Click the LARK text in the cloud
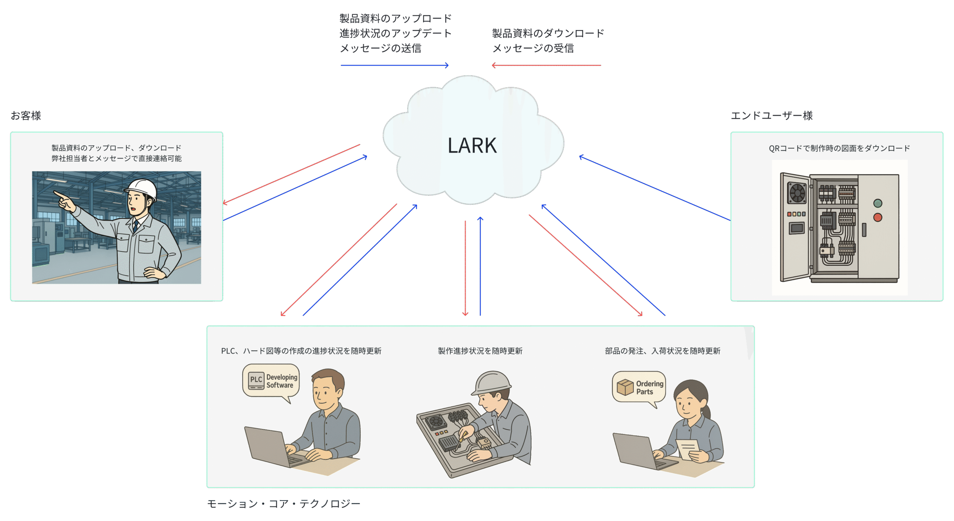click(x=472, y=145)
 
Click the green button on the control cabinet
click(x=878, y=203)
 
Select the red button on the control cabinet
click(x=878, y=217)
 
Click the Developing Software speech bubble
click(x=271, y=381)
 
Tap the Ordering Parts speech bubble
click(x=639, y=388)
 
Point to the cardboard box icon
click(x=625, y=387)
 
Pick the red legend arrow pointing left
click(x=546, y=66)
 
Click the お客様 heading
click(x=26, y=116)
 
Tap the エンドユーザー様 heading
click(x=771, y=116)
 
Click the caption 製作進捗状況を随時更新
click(x=480, y=351)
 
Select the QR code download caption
click(x=839, y=148)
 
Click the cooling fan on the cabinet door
click(x=797, y=193)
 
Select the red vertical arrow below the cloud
click(x=465, y=268)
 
